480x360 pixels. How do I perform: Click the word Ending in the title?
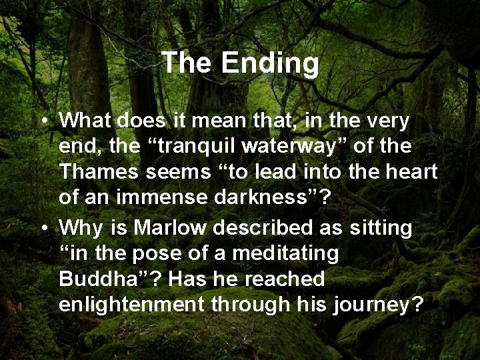(x=270, y=64)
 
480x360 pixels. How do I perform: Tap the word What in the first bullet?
(x=85, y=121)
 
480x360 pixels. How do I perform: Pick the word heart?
(x=411, y=171)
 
